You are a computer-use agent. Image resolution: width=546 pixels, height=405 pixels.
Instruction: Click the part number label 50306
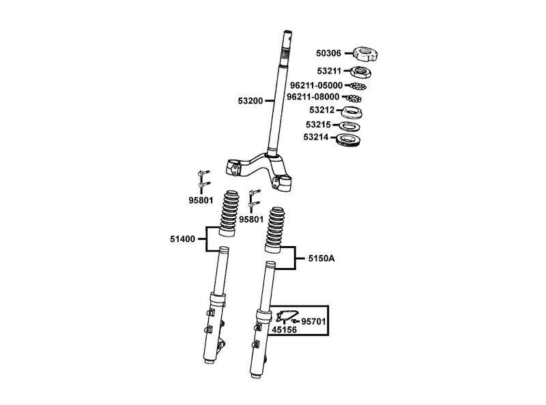(328, 53)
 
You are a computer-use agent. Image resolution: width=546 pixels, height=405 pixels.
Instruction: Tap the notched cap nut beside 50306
(366, 54)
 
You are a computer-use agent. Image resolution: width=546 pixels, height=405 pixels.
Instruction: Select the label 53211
(329, 71)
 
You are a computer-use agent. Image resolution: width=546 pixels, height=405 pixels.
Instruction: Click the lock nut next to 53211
(360, 72)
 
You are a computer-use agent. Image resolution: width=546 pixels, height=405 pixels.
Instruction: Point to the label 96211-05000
(316, 85)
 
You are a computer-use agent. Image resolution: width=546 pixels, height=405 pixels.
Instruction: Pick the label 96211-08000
(313, 97)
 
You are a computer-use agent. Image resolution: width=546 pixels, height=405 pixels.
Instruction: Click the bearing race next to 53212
(351, 112)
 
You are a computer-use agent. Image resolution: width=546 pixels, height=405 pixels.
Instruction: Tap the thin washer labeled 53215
(350, 126)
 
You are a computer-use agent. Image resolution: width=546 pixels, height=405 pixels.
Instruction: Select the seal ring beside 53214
(348, 140)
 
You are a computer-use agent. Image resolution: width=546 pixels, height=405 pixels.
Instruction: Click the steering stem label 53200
(250, 101)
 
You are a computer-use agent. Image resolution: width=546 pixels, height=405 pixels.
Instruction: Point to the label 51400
(182, 239)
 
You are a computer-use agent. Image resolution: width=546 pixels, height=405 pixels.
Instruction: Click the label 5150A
(321, 258)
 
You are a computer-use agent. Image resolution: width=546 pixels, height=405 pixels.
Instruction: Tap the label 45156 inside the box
(284, 329)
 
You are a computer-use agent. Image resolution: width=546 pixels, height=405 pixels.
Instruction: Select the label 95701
(313, 322)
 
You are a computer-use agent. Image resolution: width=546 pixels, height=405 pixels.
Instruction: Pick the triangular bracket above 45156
(283, 316)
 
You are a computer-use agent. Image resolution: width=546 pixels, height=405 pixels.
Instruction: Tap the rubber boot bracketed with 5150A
(275, 230)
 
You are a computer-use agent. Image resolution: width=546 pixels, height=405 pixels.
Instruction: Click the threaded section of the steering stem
(285, 53)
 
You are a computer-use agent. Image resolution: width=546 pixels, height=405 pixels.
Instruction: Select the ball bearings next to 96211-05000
(358, 86)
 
